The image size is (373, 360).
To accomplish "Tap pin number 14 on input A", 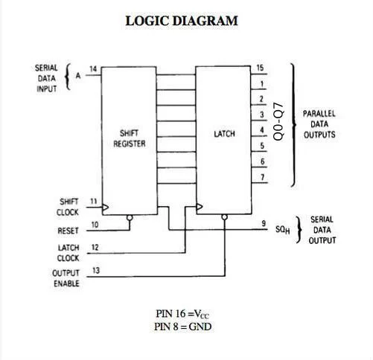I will (93, 69).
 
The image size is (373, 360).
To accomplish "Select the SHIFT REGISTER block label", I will (130, 139).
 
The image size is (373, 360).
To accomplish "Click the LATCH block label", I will (224, 134).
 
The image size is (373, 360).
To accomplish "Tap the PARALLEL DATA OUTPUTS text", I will (319, 124).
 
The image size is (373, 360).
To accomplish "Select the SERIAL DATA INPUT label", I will (46, 77).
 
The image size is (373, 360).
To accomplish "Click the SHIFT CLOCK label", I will (67, 207).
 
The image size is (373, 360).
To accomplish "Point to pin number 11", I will (94, 201).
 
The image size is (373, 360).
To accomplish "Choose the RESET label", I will (67, 231).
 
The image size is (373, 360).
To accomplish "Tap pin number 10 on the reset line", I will (94, 224).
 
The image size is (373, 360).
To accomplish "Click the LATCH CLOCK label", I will (67, 253).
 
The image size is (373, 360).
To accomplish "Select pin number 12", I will (94, 247).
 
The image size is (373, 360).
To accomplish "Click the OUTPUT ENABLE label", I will (66, 278).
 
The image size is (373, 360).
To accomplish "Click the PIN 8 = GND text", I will (184, 327).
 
